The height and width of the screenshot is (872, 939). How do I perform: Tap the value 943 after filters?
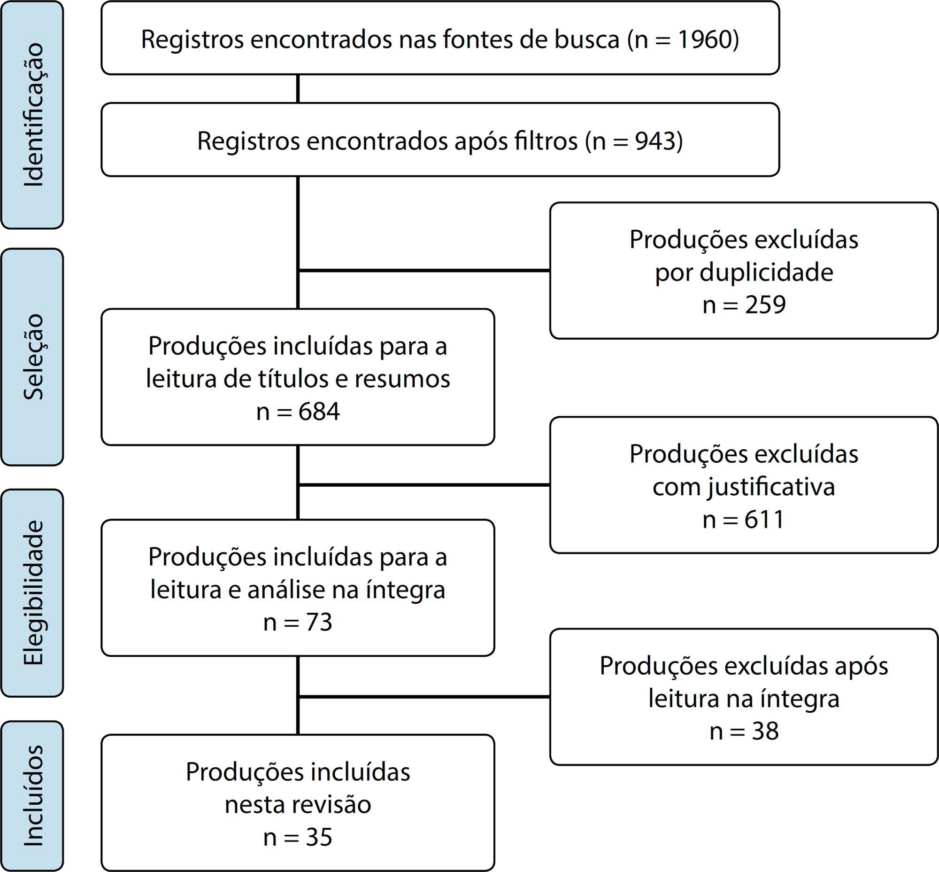pyautogui.click(x=654, y=140)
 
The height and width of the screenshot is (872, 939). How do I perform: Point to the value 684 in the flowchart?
pyautogui.click(x=319, y=411)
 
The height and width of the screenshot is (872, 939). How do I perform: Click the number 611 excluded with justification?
pyautogui.click(x=764, y=519)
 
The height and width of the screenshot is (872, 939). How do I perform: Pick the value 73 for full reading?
pyautogui.click(x=319, y=622)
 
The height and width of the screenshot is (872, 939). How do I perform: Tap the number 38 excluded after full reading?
pyautogui.click(x=765, y=731)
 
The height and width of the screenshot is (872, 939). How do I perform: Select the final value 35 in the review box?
pyautogui.click(x=319, y=837)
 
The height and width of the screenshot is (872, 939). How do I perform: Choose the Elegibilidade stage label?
pyautogui.click(x=33, y=592)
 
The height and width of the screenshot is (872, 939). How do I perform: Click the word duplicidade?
pyautogui.click(x=766, y=272)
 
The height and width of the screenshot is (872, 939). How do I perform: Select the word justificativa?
pyautogui.click(x=770, y=487)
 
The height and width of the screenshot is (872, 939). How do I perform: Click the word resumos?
pyautogui.click(x=402, y=379)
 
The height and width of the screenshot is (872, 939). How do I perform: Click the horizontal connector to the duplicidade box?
pyautogui.click(x=424, y=270)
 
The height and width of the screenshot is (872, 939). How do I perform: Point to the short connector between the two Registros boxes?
pyautogui.click(x=298, y=89)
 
